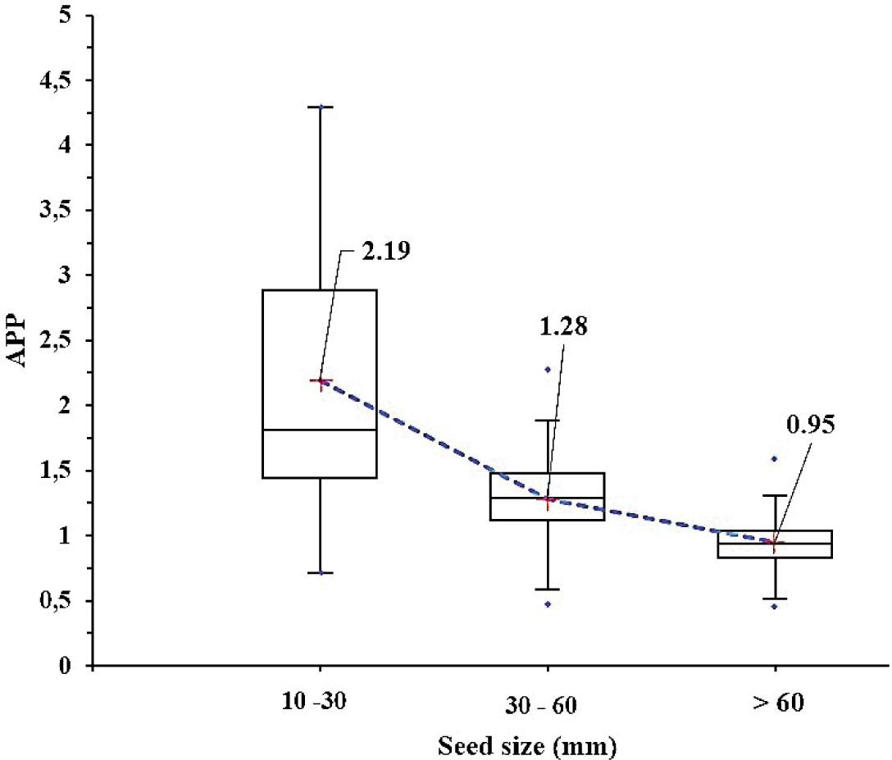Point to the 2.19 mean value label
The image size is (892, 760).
tap(383, 249)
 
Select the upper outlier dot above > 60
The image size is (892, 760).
tap(773, 458)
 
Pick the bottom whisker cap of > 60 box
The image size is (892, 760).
tap(773, 598)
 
